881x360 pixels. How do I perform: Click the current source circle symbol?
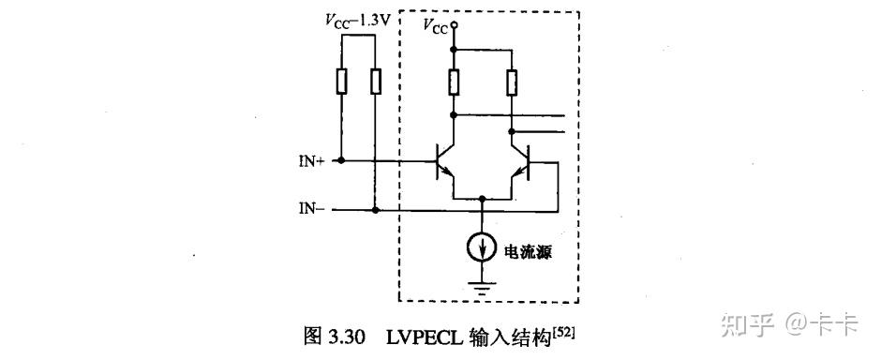click(482, 248)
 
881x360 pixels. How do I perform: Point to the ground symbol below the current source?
click(482, 287)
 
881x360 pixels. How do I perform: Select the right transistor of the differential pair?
click(523, 161)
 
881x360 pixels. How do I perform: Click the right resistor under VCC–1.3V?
click(375, 82)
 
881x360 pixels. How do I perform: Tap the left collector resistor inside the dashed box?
click(454, 82)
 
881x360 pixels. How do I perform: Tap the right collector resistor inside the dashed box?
click(512, 82)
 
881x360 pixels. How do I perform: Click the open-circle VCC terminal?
click(454, 25)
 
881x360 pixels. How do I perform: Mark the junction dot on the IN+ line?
click(341, 161)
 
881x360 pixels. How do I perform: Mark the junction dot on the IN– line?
click(375, 210)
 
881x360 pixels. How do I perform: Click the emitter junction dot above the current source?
click(482, 199)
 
